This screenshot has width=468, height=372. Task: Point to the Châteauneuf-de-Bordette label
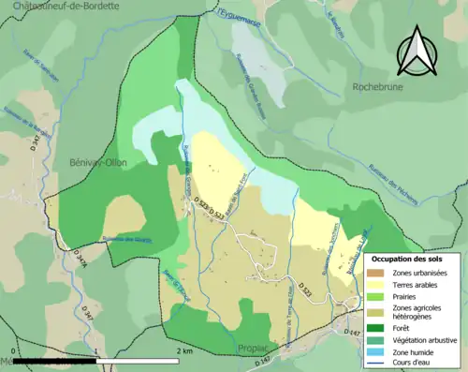pyautogui.click(x=52, y=7)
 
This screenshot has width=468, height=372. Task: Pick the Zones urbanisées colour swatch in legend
pyautogui.click(x=377, y=272)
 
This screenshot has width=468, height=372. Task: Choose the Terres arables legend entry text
pyautogui.click(x=417, y=284)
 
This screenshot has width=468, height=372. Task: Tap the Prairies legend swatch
pyautogui.click(x=377, y=296)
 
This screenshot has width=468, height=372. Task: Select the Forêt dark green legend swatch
pyautogui.click(x=377, y=327)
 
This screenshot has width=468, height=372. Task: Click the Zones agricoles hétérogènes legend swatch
pyautogui.click(x=377, y=311)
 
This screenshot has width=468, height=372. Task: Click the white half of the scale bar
pyautogui.click(x=140, y=360)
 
